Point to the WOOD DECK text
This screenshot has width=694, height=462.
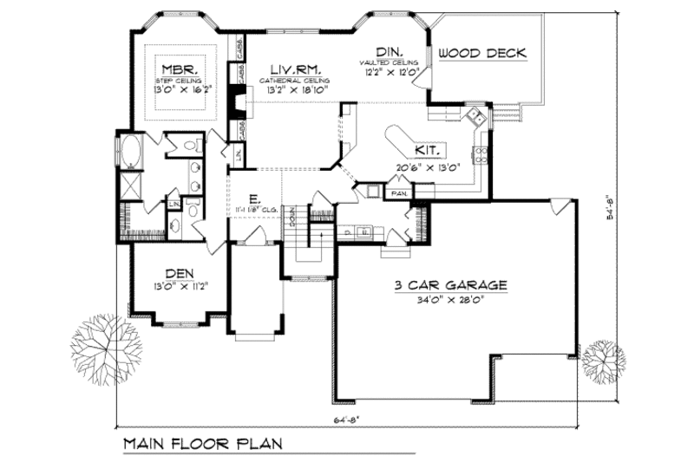point(482,53)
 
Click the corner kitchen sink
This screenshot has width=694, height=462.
point(475,118)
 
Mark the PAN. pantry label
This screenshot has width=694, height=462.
point(399,192)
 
